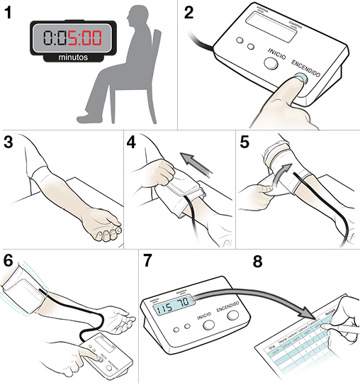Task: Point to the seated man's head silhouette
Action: (x=133, y=19)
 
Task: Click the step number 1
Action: (x=9, y=13)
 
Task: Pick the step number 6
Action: (x=9, y=260)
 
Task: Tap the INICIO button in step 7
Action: (x=208, y=325)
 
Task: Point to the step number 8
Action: (x=258, y=260)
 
